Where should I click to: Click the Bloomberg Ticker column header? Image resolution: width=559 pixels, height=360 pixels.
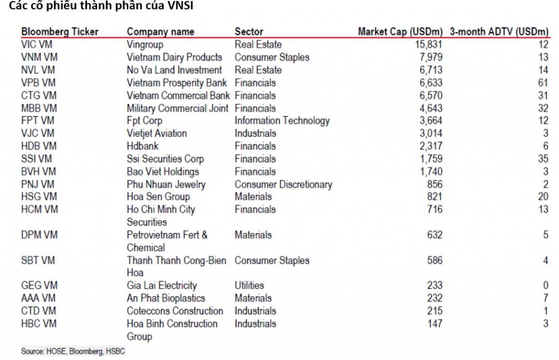pyautogui.click(x=60, y=32)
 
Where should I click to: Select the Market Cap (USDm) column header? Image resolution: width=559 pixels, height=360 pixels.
pyautogui.click(x=400, y=32)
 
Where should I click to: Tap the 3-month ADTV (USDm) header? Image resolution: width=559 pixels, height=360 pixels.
pyautogui.click(x=499, y=32)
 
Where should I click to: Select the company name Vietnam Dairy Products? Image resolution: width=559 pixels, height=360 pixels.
pyautogui.click(x=174, y=57)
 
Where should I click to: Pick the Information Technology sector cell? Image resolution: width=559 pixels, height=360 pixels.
pyautogui.click(x=282, y=121)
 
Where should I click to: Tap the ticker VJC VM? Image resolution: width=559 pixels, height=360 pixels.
pyautogui.click(x=38, y=134)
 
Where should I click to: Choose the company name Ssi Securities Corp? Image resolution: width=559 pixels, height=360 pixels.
pyautogui.click(x=165, y=159)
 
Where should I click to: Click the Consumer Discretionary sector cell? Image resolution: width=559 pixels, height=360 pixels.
pyautogui.click(x=283, y=184)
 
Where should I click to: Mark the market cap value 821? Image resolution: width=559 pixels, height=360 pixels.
pyautogui.click(x=435, y=197)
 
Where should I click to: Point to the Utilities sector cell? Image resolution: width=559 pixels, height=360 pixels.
pyautogui.click(x=249, y=285)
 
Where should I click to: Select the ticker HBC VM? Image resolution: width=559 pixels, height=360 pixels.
pyautogui.click(x=38, y=324)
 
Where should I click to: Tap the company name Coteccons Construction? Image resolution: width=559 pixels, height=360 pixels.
pyautogui.click(x=175, y=311)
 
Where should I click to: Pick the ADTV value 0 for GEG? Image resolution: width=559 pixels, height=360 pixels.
pyautogui.click(x=545, y=285)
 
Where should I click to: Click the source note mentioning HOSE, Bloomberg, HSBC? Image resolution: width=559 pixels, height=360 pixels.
pyautogui.click(x=73, y=351)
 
